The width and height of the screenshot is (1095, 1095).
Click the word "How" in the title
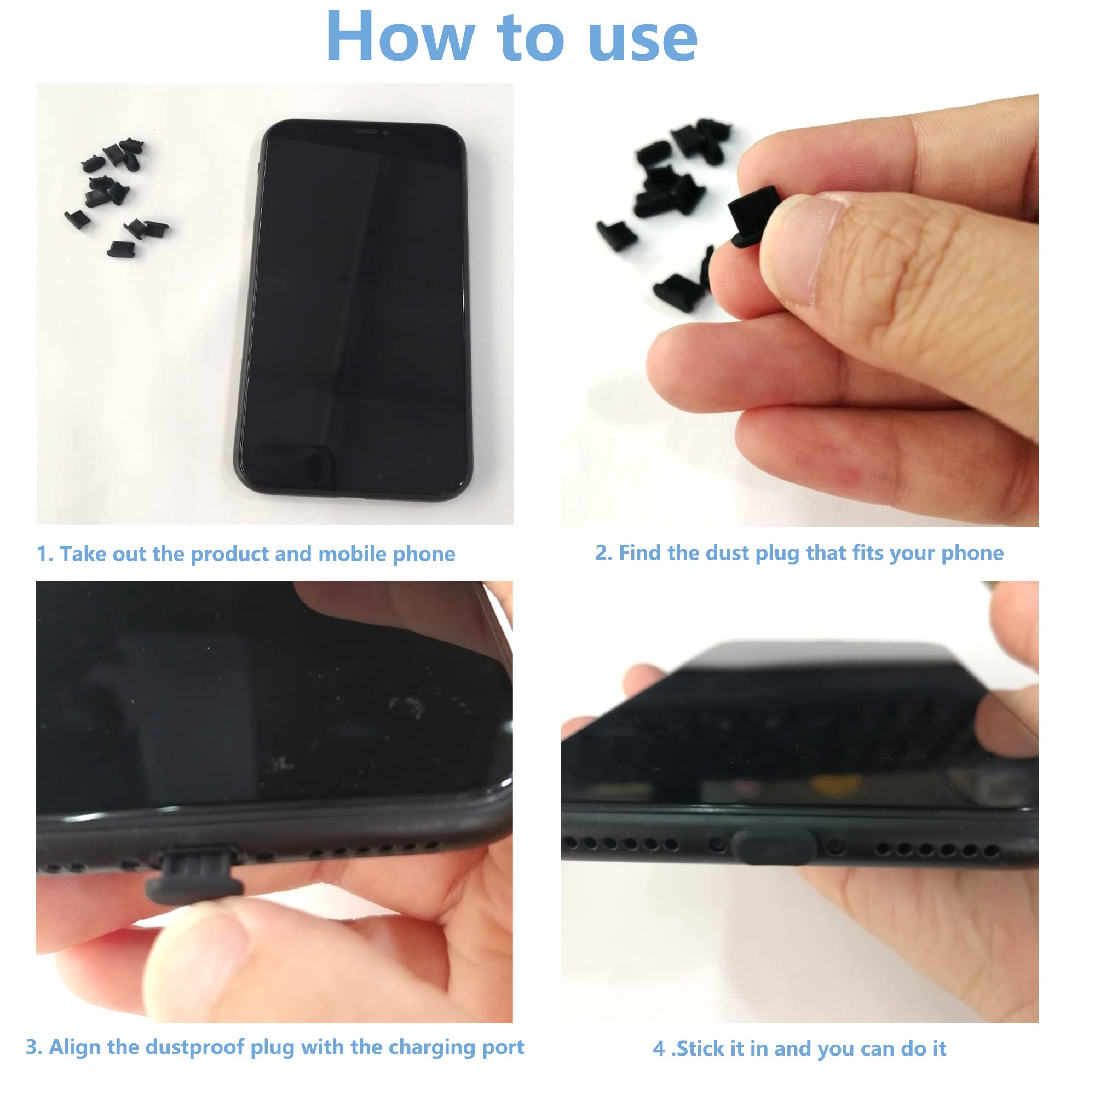400,37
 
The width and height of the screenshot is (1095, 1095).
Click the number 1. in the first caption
45,554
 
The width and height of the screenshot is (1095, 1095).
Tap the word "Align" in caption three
75,1047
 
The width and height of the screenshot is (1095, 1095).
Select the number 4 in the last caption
658,1048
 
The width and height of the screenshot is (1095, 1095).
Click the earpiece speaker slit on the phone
365,131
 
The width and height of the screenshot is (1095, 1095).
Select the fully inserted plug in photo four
774,848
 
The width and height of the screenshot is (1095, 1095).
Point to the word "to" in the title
530,37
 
